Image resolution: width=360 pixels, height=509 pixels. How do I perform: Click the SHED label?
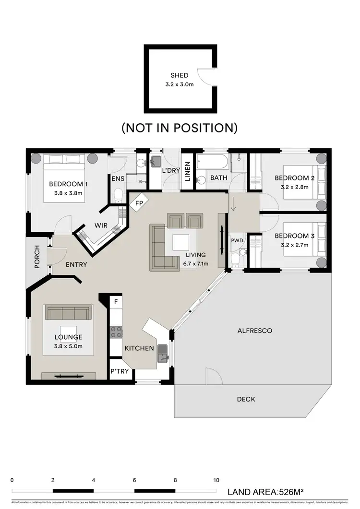[x=180, y=75]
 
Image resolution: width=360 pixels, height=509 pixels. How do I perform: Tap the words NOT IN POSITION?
[x=180, y=128]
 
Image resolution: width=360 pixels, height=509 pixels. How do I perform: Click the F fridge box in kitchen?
[x=115, y=303]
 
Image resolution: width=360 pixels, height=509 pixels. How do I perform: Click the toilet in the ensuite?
[x=119, y=195]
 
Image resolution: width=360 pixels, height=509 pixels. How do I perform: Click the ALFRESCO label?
[x=255, y=331]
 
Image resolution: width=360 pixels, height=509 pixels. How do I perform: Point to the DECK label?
[x=246, y=399]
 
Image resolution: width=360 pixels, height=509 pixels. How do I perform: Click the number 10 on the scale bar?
[x=216, y=480]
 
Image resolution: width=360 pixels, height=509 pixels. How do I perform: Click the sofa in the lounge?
[x=68, y=313]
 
